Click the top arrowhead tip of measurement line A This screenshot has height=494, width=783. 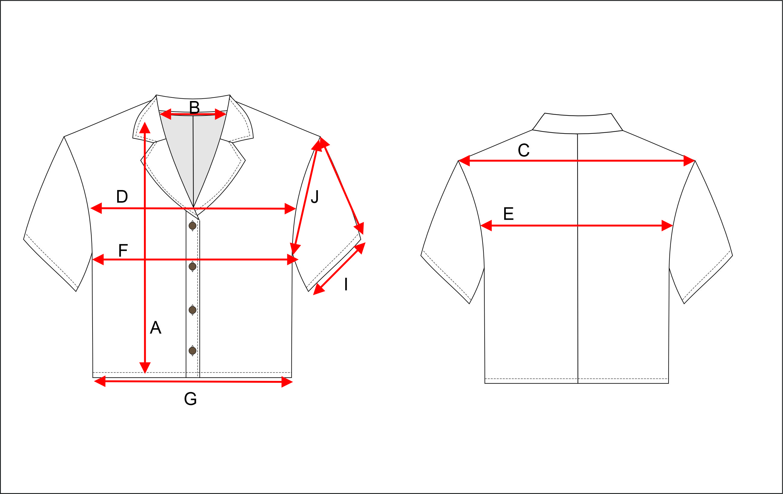[x=145, y=122]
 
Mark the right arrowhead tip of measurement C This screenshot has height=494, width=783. [x=695, y=161]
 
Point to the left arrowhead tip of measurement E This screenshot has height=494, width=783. [x=480, y=226]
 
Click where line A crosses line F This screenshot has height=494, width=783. [x=145, y=259]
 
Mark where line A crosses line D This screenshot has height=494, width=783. [x=145, y=208]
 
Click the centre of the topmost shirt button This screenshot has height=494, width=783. [x=193, y=226]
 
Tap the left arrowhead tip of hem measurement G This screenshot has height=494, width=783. [x=94, y=381]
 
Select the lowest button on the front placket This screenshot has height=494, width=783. [x=193, y=351]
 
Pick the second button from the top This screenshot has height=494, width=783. [x=193, y=266]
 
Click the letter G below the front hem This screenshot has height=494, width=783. [x=190, y=399]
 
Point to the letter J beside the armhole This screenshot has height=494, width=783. [x=315, y=197]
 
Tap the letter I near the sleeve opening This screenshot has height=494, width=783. [x=346, y=284]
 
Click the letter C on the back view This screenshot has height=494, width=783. [x=523, y=150]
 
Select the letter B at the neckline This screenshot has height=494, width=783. [x=194, y=107]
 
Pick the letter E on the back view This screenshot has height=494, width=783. [x=509, y=214]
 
